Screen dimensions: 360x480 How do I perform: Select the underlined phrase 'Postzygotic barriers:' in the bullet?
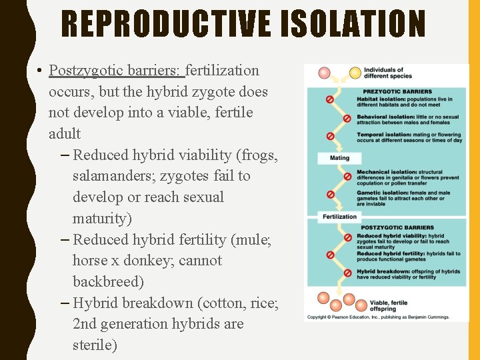click(117, 70)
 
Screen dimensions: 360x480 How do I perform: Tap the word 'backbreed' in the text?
click(106, 281)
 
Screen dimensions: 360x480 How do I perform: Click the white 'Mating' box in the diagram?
click(339, 158)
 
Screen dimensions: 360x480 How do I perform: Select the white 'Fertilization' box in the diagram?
click(339, 217)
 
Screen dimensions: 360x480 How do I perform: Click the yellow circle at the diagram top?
click(355, 72)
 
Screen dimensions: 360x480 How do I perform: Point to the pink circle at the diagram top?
click(324, 73)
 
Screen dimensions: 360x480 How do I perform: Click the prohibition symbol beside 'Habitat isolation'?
click(329, 99)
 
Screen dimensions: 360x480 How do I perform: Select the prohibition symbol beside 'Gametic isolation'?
click(329, 194)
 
